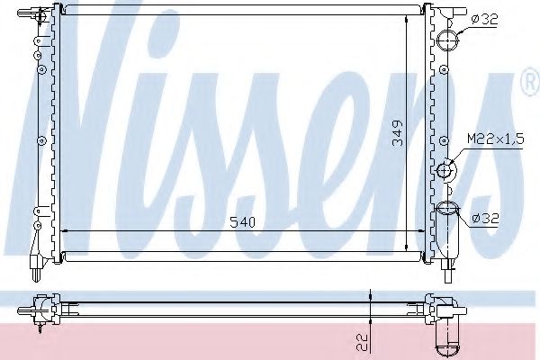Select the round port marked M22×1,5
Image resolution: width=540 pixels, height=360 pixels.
446,170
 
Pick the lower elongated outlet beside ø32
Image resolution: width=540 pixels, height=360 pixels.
447,229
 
